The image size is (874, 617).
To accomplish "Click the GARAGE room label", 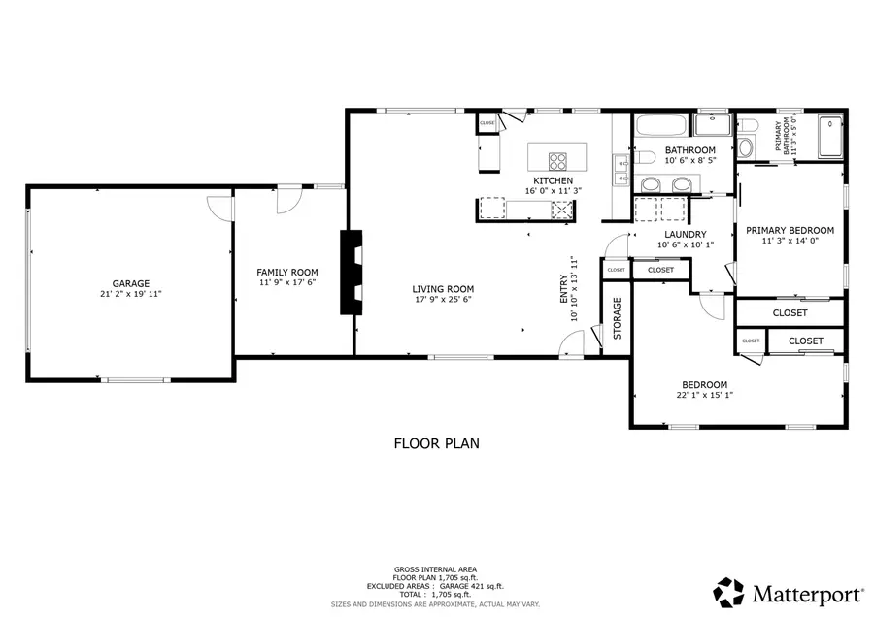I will coord(130,284).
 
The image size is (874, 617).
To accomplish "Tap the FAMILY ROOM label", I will coord(287,273).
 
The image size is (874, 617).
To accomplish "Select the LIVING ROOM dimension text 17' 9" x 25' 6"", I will coord(442,300).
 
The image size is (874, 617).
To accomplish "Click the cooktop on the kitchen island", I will coord(558,161).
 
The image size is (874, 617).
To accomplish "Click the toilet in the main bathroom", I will coord(645,158).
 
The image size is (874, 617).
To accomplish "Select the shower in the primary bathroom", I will coord(830,137).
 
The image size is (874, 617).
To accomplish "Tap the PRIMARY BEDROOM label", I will coord(790,230).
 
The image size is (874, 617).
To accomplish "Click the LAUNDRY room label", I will coord(685,234).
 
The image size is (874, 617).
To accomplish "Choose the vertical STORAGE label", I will coord(617,319).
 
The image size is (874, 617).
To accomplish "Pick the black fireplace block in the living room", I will coord(350,272).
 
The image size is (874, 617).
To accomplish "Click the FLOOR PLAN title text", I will coord(436,444).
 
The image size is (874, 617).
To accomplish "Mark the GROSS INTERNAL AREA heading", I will coord(435,569).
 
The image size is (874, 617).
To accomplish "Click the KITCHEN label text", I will coord(553,180).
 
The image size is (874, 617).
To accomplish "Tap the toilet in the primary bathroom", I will coord(745,147).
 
